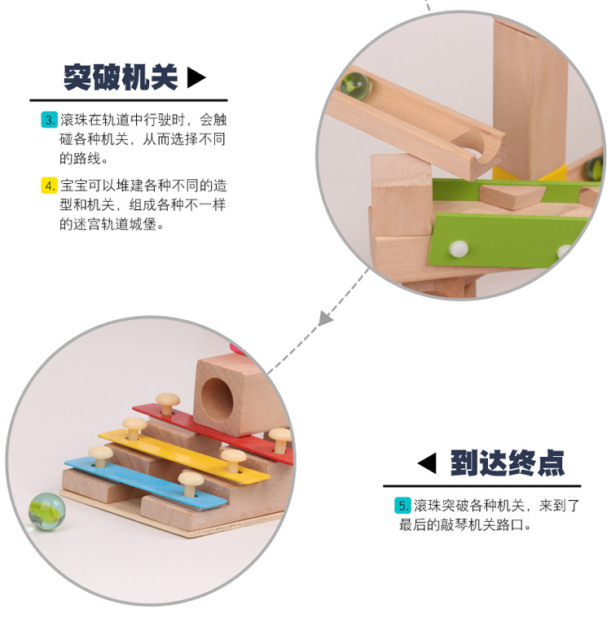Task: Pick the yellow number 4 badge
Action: [x=49, y=186]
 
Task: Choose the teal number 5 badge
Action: [x=402, y=506]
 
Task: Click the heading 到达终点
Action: [x=507, y=463]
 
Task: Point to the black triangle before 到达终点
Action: [x=426, y=463]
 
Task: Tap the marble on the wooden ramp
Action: [x=353, y=83]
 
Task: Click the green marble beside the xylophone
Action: [x=46, y=511]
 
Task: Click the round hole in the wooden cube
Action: [x=218, y=394]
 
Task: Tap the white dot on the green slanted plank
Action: [x=460, y=247]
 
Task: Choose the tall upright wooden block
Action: [x=529, y=90]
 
